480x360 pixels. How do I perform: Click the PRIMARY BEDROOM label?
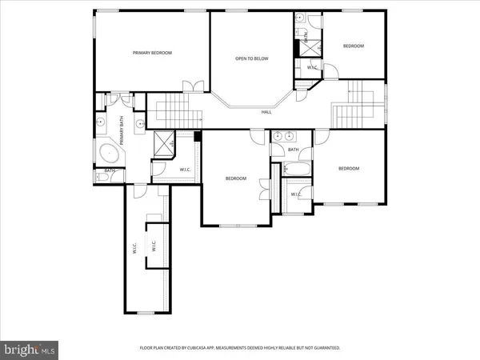point(152,53)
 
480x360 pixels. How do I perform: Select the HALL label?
point(266,112)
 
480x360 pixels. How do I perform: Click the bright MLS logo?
point(31,349)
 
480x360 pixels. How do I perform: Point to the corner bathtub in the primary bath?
point(108,154)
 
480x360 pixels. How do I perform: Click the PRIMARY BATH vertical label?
point(122,130)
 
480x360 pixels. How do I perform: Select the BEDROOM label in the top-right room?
point(354,46)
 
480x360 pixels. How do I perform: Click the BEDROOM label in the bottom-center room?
point(235,178)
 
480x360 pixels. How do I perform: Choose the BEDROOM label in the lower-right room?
point(348,169)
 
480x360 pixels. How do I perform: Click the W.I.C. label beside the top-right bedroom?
point(313,67)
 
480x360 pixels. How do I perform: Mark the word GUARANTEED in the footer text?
point(326,348)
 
